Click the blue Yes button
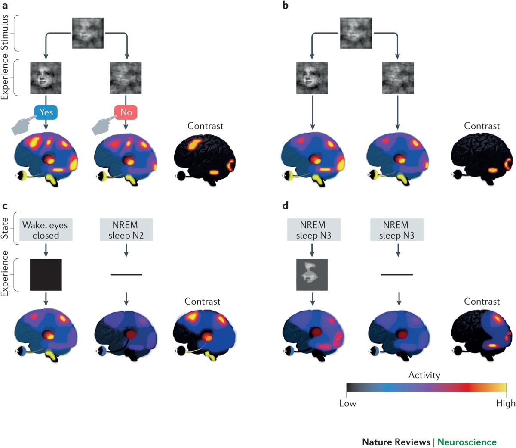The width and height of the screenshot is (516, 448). (x=46, y=112)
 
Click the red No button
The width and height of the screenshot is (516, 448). (x=126, y=112)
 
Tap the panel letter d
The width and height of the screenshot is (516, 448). (x=285, y=205)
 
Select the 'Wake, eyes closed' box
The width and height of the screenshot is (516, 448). (x=46, y=230)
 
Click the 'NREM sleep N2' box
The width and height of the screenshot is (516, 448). (x=126, y=230)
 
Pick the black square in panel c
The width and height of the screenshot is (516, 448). (x=46, y=275)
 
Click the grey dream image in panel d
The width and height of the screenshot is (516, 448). (x=312, y=274)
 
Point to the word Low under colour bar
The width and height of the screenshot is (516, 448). (x=347, y=404)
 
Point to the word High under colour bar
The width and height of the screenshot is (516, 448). (x=505, y=404)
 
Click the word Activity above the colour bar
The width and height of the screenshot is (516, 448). (x=424, y=375)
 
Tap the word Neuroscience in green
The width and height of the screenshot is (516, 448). (x=467, y=442)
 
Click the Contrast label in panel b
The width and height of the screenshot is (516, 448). (x=482, y=126)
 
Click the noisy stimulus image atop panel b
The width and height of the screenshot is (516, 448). (x=356, y=33)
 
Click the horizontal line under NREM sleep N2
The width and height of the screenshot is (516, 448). (x=126, y=274)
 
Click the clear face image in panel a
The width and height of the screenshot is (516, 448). (x=46, y=78)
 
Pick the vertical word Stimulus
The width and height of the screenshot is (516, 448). (x=5, y=32)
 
